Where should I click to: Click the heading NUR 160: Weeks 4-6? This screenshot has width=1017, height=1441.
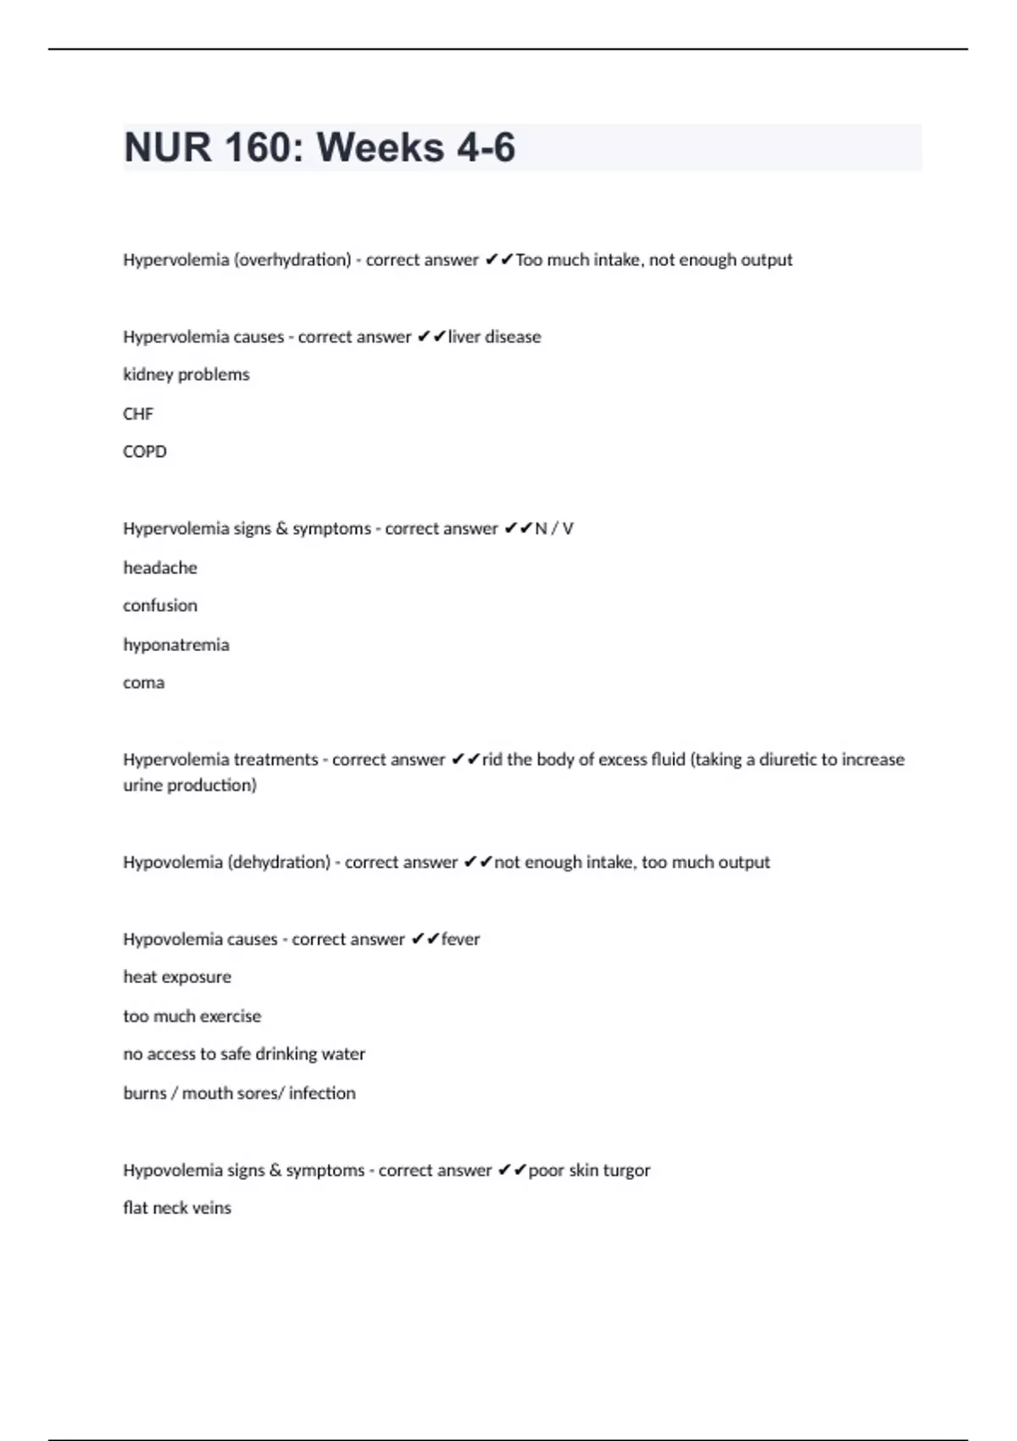click(320, 147)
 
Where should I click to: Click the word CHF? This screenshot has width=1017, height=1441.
click(138, 414)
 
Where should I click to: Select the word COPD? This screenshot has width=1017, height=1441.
click(145, 452)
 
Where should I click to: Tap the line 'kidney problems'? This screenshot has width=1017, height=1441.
click(186, 375)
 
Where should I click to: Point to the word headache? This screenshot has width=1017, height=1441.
click(160, 568)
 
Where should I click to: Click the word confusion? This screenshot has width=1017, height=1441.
click(160, 606)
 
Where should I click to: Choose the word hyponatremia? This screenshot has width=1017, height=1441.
click(176, 645)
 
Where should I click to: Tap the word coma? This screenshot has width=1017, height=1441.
click(144, 683)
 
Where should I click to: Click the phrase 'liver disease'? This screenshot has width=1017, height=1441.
click(494, 337)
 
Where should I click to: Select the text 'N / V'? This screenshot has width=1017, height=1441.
click(554, 529)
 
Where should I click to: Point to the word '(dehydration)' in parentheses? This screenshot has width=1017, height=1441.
click(279, 863)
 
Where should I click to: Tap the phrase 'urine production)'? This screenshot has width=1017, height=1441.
click(190, 786)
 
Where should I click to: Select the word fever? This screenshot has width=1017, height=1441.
click(460, 939)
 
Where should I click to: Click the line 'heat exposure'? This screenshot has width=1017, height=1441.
click(177, 977)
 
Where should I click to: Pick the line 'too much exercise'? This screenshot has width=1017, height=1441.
click(192, 1016)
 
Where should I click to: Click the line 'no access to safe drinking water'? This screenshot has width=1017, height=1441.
click(244, 1054)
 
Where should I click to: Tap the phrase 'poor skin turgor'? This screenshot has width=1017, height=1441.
click(589, 1171)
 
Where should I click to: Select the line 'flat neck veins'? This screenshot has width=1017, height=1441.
click(177, 1208)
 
